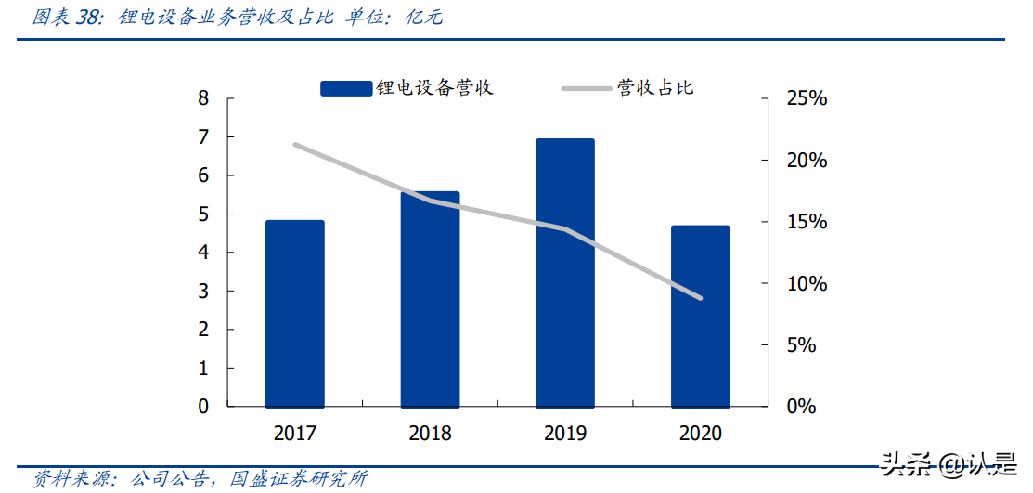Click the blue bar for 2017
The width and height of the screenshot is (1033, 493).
(x=294, y=314)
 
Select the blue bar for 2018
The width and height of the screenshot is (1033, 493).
(x=430, y=299)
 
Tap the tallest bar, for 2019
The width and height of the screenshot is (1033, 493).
(x=565, y=273)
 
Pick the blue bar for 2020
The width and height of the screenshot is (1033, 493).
(x=700, y=316)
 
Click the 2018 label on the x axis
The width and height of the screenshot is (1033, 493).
(x=430, y=434)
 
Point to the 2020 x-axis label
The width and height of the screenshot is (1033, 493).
(x=700, y=434)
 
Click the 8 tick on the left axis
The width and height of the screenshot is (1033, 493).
(x=203, y=98)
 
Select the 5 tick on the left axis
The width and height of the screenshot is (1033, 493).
(x=203, y=214)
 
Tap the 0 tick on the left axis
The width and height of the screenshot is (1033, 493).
(x=203, y=407)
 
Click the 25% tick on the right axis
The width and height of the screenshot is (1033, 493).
(x=804, y=98)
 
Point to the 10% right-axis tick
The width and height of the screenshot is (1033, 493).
(x=804, y=283)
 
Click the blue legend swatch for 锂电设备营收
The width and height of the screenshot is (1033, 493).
(x=346, y=88)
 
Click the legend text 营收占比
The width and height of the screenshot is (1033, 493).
(x=656, y=88)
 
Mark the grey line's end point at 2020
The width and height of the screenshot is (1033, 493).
(x=700, y=298)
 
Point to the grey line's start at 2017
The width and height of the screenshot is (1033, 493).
(x=294, y=145)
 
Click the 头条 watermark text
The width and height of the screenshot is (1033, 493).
(x=901, y=461)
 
